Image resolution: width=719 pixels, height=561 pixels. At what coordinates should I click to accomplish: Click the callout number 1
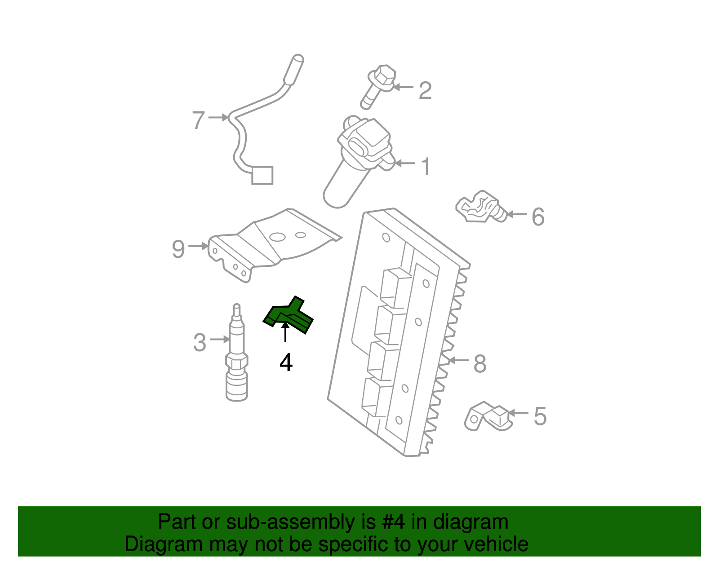426,167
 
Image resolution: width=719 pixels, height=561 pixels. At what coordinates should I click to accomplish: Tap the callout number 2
425,91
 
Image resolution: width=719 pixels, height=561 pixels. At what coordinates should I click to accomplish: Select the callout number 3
200,343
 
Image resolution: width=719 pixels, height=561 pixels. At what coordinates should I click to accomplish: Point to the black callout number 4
286,362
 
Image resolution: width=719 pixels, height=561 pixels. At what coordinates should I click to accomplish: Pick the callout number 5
540,416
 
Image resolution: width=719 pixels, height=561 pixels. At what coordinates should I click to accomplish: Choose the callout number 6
538,217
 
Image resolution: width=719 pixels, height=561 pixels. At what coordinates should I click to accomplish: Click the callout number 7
198,120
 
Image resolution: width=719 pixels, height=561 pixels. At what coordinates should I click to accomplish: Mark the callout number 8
479,363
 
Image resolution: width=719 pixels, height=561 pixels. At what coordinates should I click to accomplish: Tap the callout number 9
178,249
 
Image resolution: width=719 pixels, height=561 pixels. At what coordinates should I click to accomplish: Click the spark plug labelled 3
237,355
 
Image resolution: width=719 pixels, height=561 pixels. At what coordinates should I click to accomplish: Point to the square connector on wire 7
262,176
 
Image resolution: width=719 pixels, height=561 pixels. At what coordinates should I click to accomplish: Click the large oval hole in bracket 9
278,237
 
